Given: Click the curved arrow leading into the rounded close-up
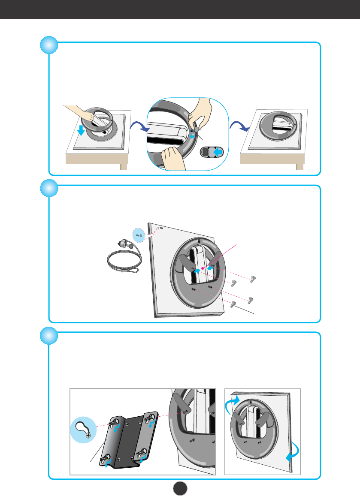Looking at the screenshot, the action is click(x=138, y=126).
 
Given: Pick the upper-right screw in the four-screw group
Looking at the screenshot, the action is click(x=253, y=279).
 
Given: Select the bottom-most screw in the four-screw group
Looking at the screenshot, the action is click(x=233, y=304).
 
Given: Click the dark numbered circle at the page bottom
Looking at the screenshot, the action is click(x=180, y=487).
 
